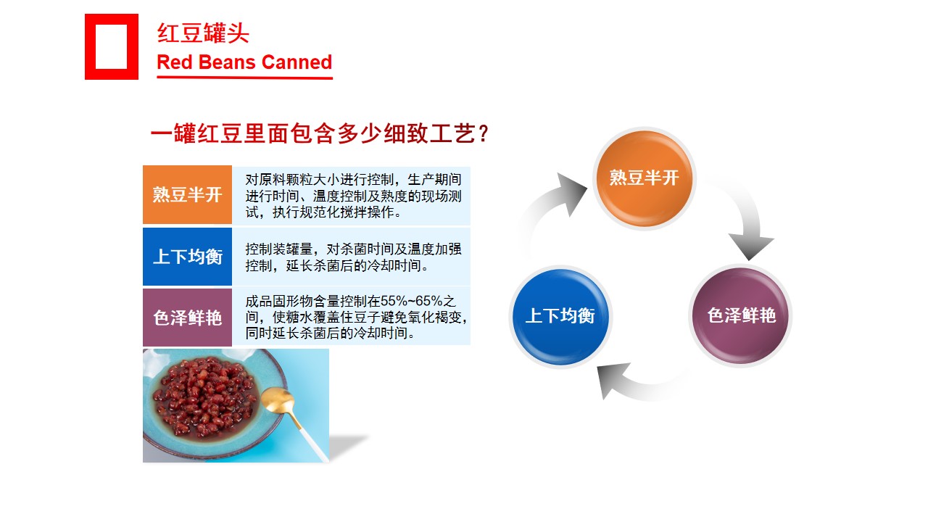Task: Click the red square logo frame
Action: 91,46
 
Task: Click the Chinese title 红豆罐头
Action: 203,33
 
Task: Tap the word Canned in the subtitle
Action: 297,62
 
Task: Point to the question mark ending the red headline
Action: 483,134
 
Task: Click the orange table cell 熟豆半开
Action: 187,195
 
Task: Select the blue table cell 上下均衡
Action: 187,257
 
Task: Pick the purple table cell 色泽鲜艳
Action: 187,318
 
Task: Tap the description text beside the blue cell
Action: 353,257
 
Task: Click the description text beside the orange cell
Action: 353,196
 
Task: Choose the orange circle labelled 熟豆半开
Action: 645,178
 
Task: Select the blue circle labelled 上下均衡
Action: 560,317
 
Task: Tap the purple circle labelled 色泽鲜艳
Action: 741,315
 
